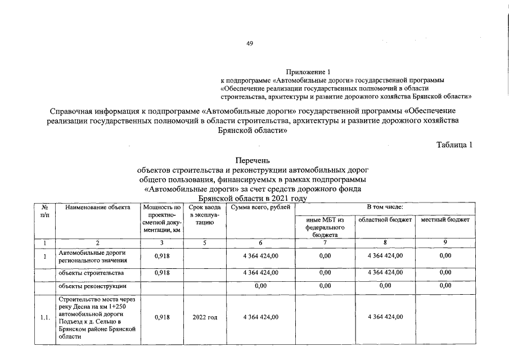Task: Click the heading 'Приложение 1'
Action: click(x=309, y=72)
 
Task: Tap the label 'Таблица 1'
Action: click(x=454, y=145)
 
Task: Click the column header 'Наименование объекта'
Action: click(x=97, y=208)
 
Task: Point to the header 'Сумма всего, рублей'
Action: click(x=258, y=208)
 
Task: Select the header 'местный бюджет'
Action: click(x=445, y=219)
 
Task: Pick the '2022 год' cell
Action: click(x=204, y=318)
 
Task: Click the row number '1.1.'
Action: click(x=45, y=318)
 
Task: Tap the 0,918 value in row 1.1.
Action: click(x=162, y=318)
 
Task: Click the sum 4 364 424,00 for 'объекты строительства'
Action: click(x=260, y=273)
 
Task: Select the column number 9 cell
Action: click(x=445, y=243)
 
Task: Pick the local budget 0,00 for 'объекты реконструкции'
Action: click(x=445, y=286)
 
